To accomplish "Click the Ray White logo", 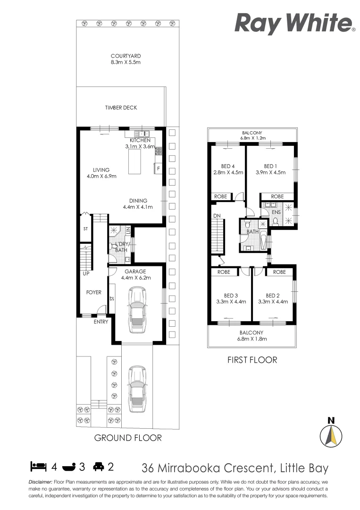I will [x=294, y=23].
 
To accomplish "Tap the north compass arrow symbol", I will [x=331, y=435].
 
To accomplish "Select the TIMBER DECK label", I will [x=121, y=108].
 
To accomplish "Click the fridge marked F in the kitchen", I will [x=158, y=169].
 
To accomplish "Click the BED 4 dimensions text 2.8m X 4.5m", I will [x=228, y=172].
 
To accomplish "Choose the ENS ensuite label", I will [x=276, y=212].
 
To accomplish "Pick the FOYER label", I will [x=93, y=292].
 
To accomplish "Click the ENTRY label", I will [x=100, y=322].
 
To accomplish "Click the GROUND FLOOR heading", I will [x=128, y=438].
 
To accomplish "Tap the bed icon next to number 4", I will [x=38, y=467].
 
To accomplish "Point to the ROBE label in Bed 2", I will [x=279, y=272].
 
